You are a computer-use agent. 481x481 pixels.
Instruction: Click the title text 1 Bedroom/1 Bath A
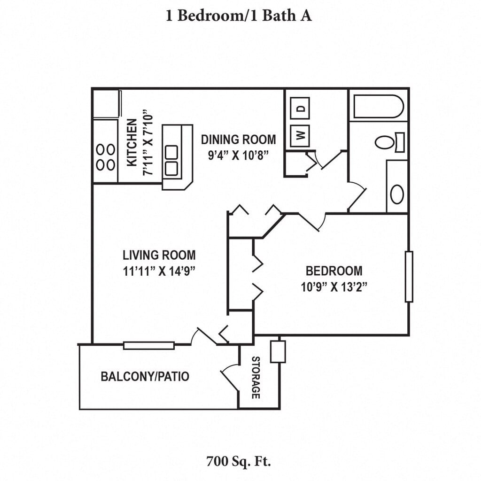pyautogui.click(x=239, y=16)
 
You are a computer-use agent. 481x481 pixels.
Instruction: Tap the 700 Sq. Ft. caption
pyautogui.click(x=239, y=461)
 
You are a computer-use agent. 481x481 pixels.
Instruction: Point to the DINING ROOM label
pyautogui.click(x=239, y=140)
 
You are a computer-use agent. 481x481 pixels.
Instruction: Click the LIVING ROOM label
pyautogui.click(x=159, y=256)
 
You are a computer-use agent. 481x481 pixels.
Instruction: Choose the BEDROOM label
pyautogui.click(x=334, y=271)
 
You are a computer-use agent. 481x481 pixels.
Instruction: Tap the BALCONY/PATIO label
pyautogui.click(x=145, y=376)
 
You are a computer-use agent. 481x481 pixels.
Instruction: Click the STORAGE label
pyautogui.click(x=256, y=378)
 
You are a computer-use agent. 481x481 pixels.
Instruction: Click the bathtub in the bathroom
pyautogui.click(x=378, y=107)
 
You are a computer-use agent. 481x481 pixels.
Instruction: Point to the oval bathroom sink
pyautogui.click(x=397, y=194)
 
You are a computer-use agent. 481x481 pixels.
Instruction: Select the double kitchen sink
pyautogui.click(x=171, y=161)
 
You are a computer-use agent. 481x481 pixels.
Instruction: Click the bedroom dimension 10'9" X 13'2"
pyautogui.click(x=334, y=286)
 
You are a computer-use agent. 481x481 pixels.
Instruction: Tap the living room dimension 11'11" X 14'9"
pyautogui.click(x=159, y=271)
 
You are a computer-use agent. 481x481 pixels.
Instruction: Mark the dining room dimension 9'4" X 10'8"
pyautogui.click(x=239, y=155)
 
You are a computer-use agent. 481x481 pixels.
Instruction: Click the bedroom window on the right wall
pyautogui.click(x=409, y=277)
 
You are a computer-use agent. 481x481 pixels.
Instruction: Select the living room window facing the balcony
pyautogui.click(x=149, y=345)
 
